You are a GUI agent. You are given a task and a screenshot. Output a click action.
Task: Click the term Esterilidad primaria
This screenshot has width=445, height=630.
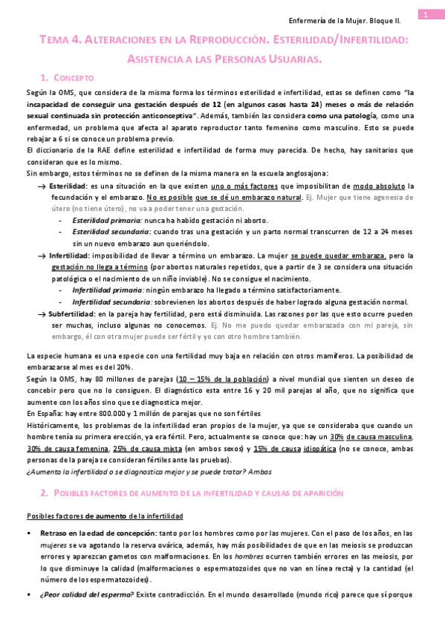(x=108, y=221)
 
